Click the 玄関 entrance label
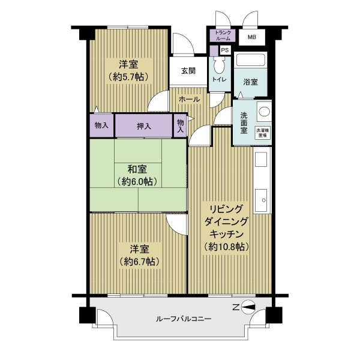(188, 71)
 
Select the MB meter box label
(250, 36)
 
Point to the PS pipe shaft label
(225, 50)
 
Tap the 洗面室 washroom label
(244, 122)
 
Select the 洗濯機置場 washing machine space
(262, 132)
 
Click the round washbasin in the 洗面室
(262, 112)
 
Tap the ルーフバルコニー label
(184, 319)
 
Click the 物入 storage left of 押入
(101, 126)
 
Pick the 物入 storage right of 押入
(180, 127)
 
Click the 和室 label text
(137, 169)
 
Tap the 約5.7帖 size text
(129, 77)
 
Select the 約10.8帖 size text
(227, 247)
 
